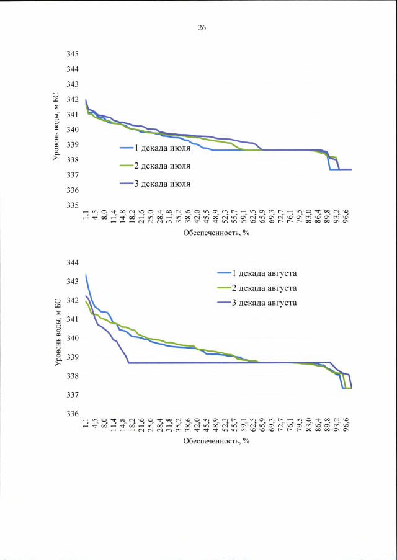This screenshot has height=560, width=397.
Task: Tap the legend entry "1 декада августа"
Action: (x=256, y=273)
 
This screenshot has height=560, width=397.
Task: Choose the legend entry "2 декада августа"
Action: (x=256, y=288)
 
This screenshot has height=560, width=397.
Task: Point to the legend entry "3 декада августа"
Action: (x=256, y=303)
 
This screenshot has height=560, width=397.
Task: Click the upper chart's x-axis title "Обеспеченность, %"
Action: (x=216, y=234)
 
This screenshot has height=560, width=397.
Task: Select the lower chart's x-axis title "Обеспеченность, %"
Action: (x=216, y=442)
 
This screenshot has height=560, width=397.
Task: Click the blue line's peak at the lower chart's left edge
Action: (x=86, y=274)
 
